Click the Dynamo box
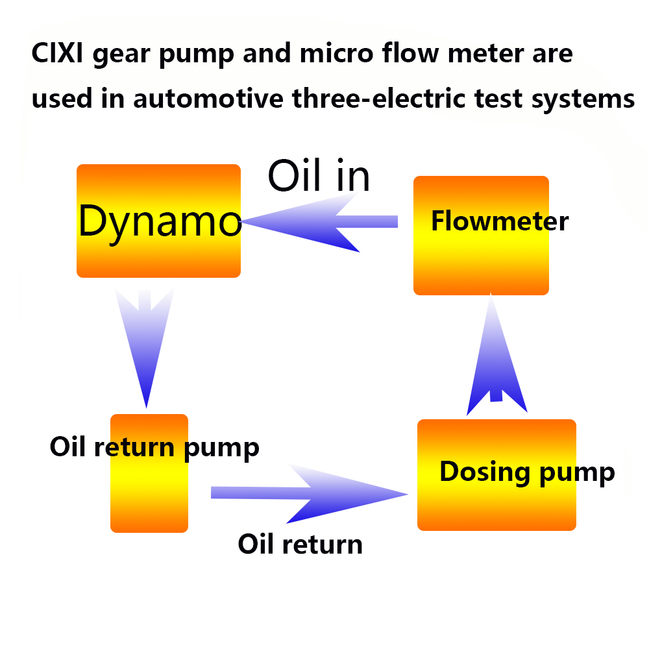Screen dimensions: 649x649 (159, 221)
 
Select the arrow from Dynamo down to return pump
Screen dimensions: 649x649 (145, 344)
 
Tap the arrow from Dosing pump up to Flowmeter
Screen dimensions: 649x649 (496, 357)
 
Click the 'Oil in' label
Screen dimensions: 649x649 (319, 175)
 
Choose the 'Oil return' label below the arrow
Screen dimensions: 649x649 (300, 544)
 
